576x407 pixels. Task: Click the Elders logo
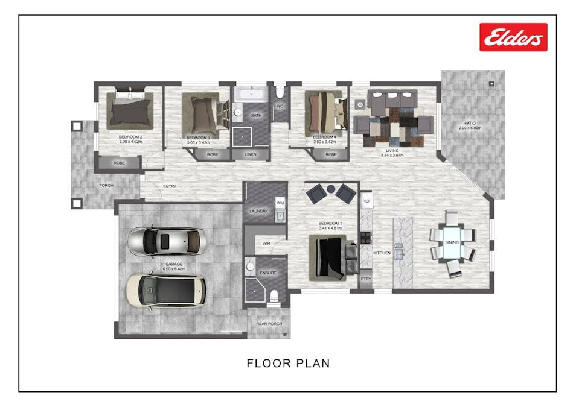(x=513, y=37)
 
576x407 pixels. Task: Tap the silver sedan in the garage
(x=167, y=242)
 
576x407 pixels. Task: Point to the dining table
(x=452, y=243)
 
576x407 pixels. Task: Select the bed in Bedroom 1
(x=329, y=257)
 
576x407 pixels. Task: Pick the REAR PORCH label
(x=269, y=324)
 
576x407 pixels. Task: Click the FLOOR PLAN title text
(x=288, y=363)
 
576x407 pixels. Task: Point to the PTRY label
(x=366, y=279)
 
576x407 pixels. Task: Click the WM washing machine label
(x=280, y=204)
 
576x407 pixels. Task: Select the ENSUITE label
(x=267, y=273)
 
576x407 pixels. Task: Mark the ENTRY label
(x=170, y=186)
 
